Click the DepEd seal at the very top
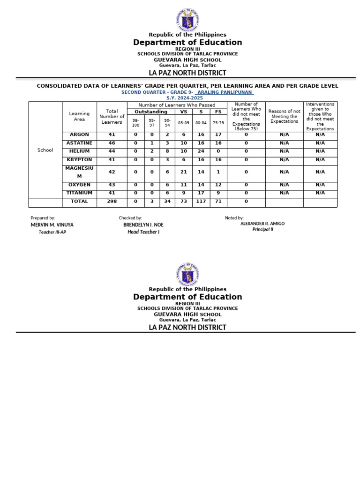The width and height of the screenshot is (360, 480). pos(187,20)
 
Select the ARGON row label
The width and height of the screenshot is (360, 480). pos(79,135)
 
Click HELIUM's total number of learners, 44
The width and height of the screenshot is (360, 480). pos(112,151)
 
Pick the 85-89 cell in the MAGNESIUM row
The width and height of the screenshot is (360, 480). pos(184,172)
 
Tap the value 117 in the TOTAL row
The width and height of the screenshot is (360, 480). pos(201,202)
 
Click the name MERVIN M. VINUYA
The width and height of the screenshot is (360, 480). pos(52,225)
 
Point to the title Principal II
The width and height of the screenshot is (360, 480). pos(262,230)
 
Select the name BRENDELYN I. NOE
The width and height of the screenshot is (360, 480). pos(143,225)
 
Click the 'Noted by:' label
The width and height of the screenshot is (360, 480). pos(234,218)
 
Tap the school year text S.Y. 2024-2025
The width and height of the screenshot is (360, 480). pos(187,98)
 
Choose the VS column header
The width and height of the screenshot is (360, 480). pos(184,112)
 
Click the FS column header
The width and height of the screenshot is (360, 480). pos(218,112)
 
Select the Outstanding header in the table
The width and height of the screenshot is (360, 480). pos(151,112)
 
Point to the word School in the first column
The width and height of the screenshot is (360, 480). pos(45,150)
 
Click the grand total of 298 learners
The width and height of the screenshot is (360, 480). pos(112,202)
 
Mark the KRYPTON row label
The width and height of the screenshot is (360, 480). pos(79,160)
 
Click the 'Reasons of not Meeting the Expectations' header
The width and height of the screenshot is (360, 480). pos(284,116)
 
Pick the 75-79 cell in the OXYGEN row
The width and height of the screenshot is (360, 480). pos(218,185)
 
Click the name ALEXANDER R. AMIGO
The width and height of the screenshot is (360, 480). pos(262,224)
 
